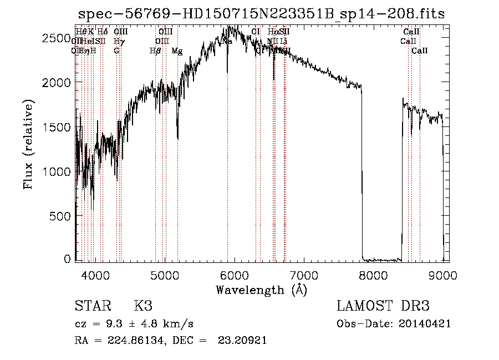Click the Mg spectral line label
pyautogui.click(x=177, y=51)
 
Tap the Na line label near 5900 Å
pyautogui.click(x=227, y=42)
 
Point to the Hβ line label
pyautogui.click(x=155, y=51)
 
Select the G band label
pyautogui.click(x=116, y=51)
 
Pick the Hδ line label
pyautogui.click(x=103, y=32)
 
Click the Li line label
pyautogui.click(x=283, y=42)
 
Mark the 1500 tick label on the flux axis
pyautogui.click(x=57, y=127)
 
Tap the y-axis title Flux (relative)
pyautogui.click(x=28, y=144)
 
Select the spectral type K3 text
pyautogui.click(x=143, y=306)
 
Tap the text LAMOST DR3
pyautogui.click(x=383, y=306)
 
